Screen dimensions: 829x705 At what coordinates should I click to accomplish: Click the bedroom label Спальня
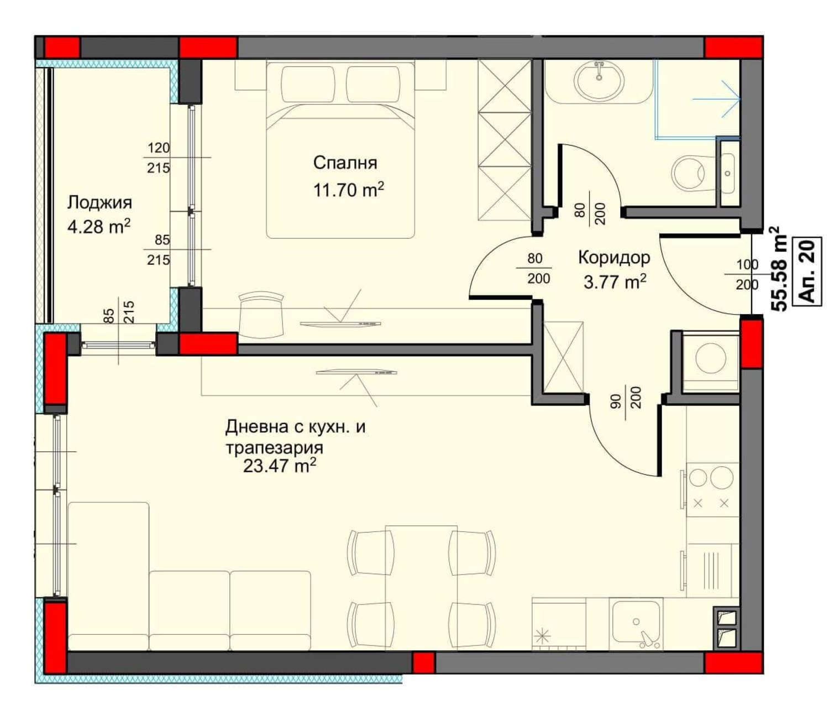click(x=345, y=163)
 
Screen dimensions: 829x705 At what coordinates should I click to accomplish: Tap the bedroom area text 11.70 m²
click(x=348, y=190)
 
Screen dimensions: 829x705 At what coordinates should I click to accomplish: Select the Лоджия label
click(x=99, y=202)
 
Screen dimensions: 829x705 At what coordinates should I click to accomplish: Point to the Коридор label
click(x=614, y=258)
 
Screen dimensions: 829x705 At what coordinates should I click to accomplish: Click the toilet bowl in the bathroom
click(x=689, y=173)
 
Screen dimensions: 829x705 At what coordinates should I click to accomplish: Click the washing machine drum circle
click(x=711, y=357)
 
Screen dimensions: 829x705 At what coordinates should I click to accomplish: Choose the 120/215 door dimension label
click(x=159, y=158)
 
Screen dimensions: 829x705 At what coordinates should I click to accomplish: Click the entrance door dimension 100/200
click(x=747, y=274)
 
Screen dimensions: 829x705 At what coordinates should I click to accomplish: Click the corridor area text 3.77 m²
click(x=615, y=283)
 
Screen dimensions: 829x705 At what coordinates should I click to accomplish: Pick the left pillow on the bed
click(x=308, y=84)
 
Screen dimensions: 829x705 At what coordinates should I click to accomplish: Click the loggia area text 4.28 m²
click(x=99, y=227)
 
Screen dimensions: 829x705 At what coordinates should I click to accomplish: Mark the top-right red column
click(x=733, y=48)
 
